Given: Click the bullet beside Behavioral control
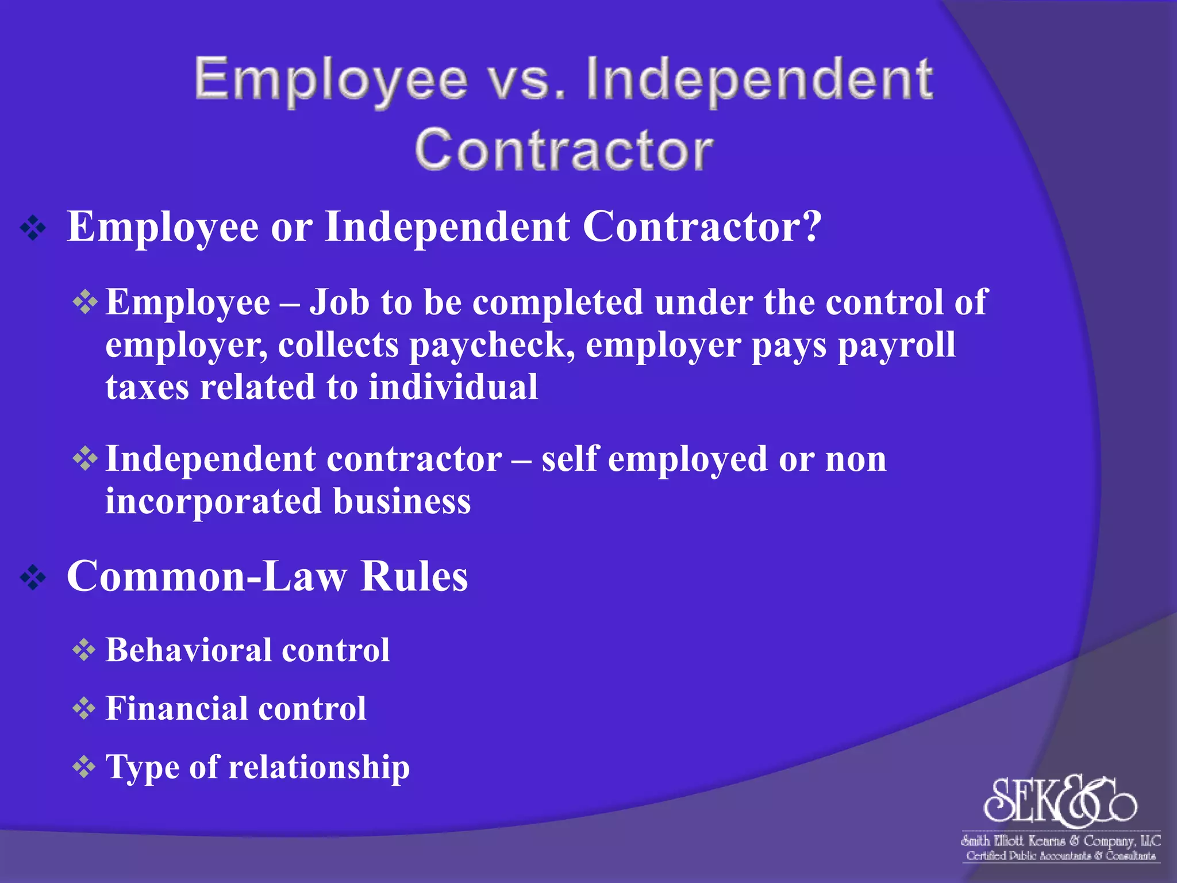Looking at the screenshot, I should coord(84,651).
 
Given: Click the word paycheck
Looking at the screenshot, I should coord(492,345).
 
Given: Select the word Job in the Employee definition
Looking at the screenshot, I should coord(339,302).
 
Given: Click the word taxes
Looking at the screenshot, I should coord(147,387).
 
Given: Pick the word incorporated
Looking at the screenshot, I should coord(213,501).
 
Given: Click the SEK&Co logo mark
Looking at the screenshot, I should coord(1060,800).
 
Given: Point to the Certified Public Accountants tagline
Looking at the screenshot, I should coord(1061,856).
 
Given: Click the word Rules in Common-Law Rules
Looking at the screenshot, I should coord(414,577).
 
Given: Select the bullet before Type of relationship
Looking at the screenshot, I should coord(84,767).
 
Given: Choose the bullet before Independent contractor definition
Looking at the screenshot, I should coord(84,459).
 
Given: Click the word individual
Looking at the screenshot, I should coord(453,387).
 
